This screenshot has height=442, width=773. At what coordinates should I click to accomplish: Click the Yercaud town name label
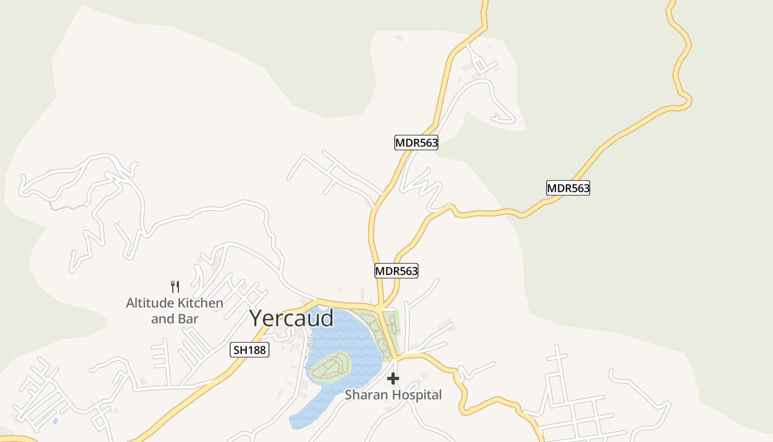point(291,318)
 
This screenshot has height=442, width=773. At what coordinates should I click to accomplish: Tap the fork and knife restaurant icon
point(175,286)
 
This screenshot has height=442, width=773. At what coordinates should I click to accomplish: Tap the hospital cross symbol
point(393,378)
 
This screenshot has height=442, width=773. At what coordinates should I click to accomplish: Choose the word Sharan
point(363,395)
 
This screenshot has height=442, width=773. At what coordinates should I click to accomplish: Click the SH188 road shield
point(249,350)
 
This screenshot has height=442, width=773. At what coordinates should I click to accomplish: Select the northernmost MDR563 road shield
point(416,143)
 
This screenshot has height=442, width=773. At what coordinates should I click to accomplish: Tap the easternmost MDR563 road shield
point(568,188)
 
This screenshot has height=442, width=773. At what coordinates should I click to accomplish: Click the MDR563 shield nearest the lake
point(396,271)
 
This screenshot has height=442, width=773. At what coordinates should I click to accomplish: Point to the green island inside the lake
point(330,367)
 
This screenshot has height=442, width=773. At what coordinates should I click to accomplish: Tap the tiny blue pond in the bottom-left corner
point(55,421)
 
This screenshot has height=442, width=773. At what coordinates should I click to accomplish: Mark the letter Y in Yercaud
point(256,318)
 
